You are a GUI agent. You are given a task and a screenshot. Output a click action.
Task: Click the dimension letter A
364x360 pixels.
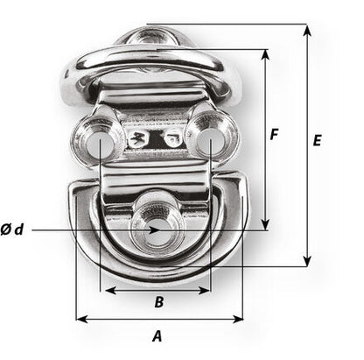[157, 335]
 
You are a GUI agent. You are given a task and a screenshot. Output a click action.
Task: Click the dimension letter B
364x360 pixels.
[158, 302]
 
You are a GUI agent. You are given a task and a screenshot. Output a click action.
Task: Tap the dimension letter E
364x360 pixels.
[317, 140]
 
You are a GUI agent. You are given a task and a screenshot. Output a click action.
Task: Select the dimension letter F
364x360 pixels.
[274, 136]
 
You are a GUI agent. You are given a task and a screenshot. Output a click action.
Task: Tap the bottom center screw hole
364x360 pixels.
[155, 229]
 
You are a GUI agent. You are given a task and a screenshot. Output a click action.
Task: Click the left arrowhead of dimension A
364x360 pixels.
[80, 320]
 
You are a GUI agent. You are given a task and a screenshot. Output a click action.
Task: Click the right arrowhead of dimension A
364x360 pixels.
[239, 320]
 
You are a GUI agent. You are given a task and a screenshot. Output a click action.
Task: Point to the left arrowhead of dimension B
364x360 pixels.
[106, 290]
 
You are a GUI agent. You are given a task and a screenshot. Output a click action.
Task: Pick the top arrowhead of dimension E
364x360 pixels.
[307, 29]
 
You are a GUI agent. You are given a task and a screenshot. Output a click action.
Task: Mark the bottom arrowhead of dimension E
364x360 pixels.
[307, 261]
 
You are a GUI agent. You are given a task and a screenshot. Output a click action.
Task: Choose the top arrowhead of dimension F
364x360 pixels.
[266, 53]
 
